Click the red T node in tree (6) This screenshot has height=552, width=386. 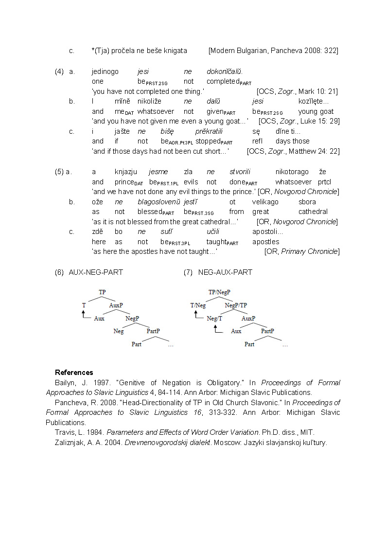tap(84, 305)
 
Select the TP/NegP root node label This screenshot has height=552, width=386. tap(219, 292)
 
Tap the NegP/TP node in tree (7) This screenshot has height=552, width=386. tap(236, 305)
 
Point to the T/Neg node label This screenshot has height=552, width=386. tap(198, 305)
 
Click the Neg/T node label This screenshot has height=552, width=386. tap(214, 319)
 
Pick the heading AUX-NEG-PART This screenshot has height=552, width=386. tap(96, 272)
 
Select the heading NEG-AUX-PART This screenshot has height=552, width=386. tap(225, 272)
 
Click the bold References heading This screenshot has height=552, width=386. tap(74, 373)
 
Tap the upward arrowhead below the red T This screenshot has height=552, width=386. tap(84, 313)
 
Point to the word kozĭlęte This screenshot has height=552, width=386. tap(314, 101)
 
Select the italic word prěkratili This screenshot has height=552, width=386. tap(209, 131)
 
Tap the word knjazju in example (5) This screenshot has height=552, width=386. tap(126, 172)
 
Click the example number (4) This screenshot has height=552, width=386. tap(59, 71)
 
